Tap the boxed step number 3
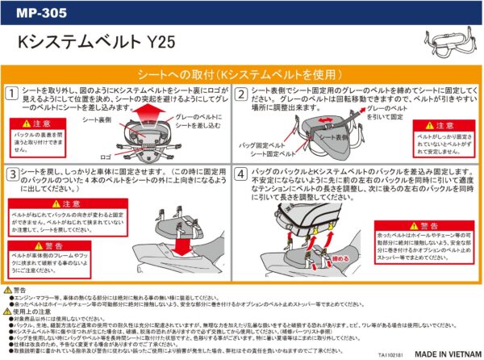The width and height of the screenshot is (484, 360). click(x=11, y=174)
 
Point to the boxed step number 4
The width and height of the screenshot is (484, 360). click(x=241, y=174)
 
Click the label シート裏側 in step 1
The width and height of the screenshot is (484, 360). click(x=98, y=119)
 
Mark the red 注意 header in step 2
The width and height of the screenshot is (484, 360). click(x=432, y=126)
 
